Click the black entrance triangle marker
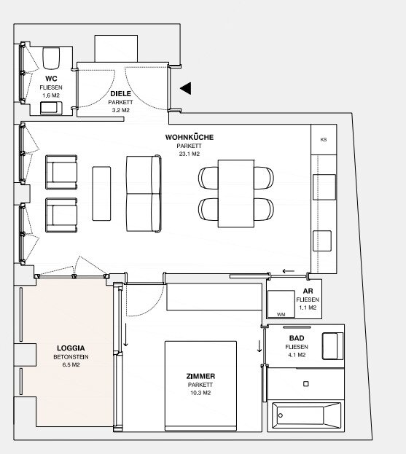pyautogui.click(x=187, y=88)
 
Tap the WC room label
pyautogui.click(x=51, y=79)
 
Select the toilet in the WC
pyautogui.click(x=51, y=58)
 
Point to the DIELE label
pyautogui.click(x=121, y=93)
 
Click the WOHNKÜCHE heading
pyautogui.click(x=190, y=137)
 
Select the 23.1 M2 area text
pyautogui.click(x=190, y=154)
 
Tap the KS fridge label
pyautogui.click(x=324, y=140)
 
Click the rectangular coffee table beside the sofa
pyautogui.click(x=101, y=193)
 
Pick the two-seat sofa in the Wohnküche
pyautogui.click(x=144, y=194)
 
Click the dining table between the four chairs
pyautogui.click(x=236, y=193)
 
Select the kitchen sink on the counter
pyautogui.click(x=324, y=187)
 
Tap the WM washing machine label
pyautogui.click(x=281, y=314)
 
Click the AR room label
pyautogui.click(x=308, y=291)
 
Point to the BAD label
pyautogui.click(x=297, y=338)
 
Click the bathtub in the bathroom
pyautogui.click(x=306, y=415)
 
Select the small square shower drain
pyautogui.click(x=306, y=383)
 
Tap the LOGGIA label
pyautogui.click(x=71, y=348)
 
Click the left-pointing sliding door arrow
pyautogui.click(x=289, y=271)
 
